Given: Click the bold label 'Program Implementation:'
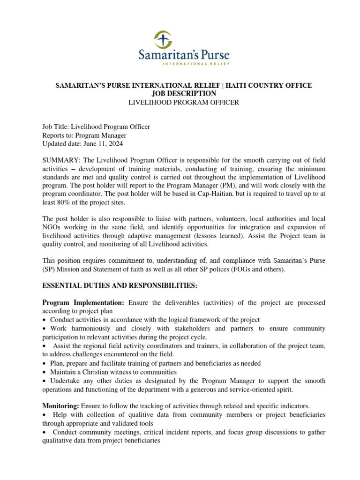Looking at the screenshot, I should pyautogui.click(x=83, y=303).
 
